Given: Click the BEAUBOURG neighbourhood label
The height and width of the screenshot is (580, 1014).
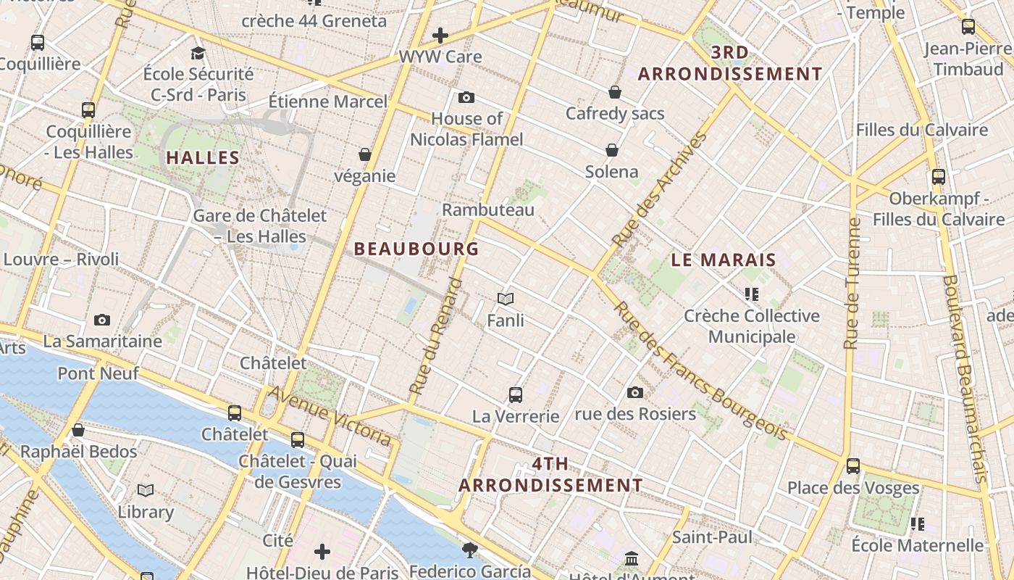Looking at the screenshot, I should pos(416,249).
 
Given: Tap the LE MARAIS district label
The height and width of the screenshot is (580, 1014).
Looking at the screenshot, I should pos(724,260).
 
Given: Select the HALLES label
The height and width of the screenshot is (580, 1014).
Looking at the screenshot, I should pos(203,157).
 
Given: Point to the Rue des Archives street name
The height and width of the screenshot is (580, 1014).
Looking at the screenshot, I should pos(659,190).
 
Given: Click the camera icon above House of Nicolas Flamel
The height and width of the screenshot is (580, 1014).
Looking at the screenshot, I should pos(466,97).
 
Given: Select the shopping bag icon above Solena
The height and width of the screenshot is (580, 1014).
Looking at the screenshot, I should pos(612,150).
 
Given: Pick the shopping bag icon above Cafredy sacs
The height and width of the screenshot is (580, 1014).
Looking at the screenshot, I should pos(615,92).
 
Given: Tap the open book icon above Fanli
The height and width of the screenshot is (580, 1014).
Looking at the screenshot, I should pos(506,299).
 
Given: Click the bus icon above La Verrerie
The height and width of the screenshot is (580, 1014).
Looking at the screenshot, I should pos(516,395).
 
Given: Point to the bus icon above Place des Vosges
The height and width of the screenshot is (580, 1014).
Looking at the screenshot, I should pos(853,465).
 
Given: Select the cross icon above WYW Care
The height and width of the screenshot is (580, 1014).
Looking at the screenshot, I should pos(440,35).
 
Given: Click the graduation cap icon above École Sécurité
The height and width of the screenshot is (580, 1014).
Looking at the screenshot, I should pos(198,52).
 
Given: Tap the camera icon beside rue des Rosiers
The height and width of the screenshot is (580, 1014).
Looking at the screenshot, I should pos(635,393).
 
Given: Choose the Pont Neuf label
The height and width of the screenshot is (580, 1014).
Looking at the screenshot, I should pos(98,374).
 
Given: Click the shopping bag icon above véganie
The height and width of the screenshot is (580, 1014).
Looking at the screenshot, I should pos(365,154).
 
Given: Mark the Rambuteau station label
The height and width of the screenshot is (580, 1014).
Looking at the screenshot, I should pos(488,210).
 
